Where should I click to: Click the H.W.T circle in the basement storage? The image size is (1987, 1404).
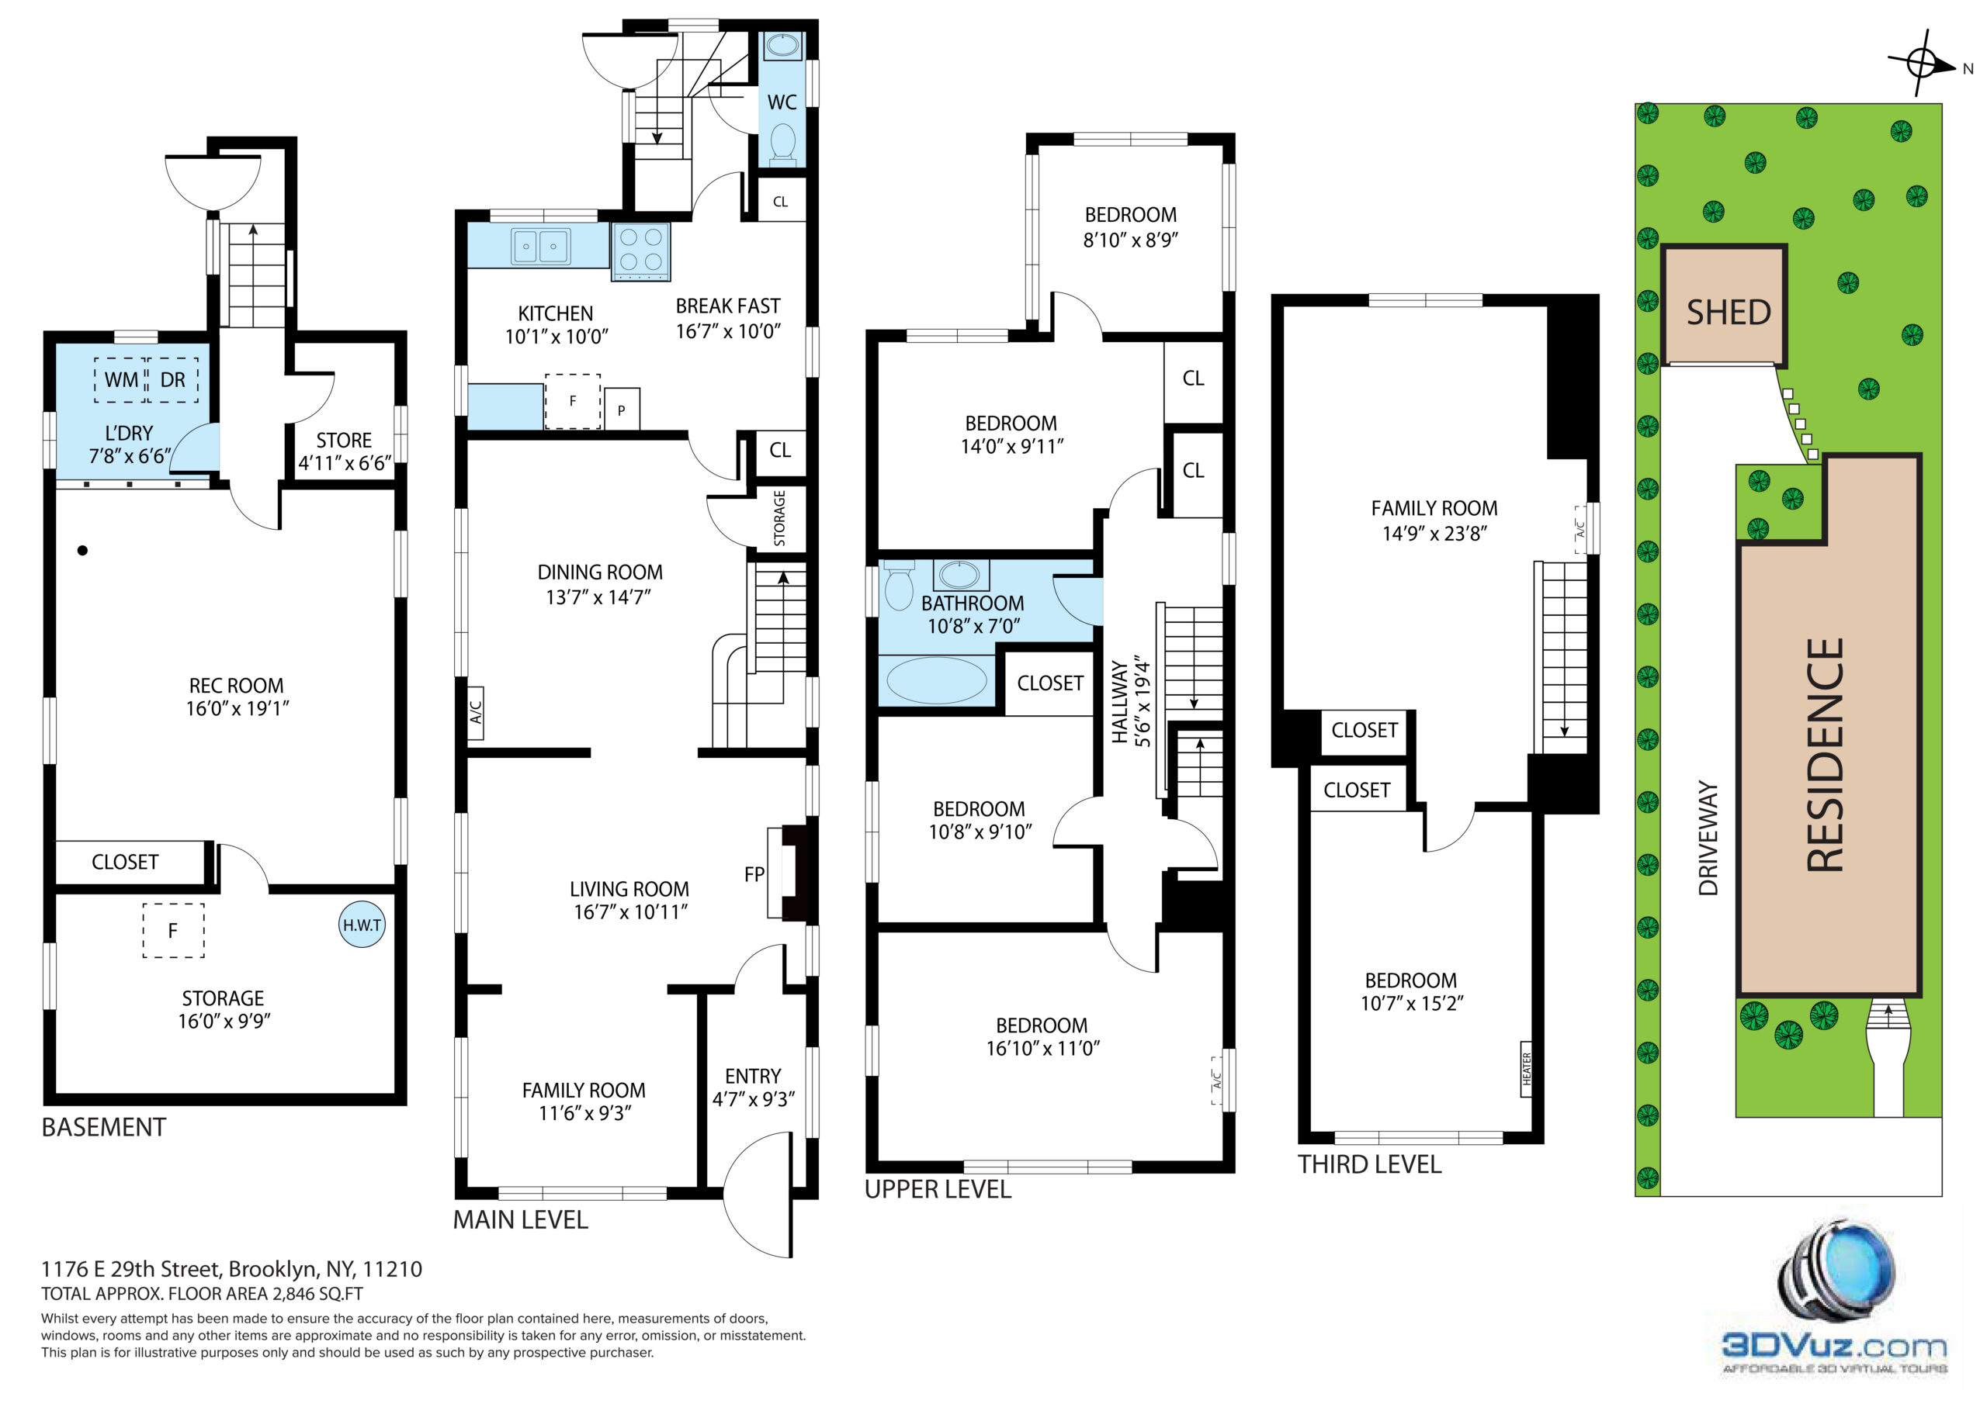point(362,925)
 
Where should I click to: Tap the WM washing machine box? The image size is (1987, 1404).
point(120,380)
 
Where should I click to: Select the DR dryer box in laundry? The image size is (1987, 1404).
point(173,380)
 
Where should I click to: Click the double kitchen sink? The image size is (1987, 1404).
point(541,247)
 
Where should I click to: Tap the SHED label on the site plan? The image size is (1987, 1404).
point(1729,313)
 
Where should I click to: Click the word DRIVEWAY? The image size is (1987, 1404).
point(1708,839)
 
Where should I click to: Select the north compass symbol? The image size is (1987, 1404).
point(1923,63)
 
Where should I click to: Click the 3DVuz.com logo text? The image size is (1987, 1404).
point(1834,1347)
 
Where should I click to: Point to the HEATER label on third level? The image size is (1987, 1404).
point(1527,1069)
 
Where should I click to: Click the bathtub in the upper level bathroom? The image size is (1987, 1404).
point(936,680)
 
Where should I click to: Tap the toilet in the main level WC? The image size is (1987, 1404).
point(783,143)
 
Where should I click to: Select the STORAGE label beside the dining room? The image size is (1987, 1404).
point(780,518)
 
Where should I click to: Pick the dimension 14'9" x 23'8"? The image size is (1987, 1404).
point(1434,534)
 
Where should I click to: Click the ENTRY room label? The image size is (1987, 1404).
point(753,1076)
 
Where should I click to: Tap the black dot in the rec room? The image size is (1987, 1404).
point(82,550)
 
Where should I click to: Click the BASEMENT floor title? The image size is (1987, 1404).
point(104,1127)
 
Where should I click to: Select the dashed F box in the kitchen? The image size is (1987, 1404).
point(572,401)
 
